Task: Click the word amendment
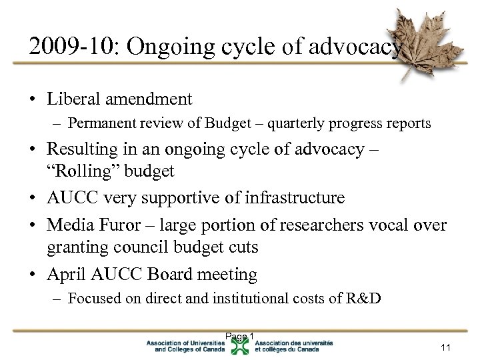click(x=150, y=99)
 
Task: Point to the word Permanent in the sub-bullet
click(x=98, y=123)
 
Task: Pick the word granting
click(x=73, y=248)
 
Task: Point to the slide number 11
click(x=446, y=347)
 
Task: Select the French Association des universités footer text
click(x=293, y=346)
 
